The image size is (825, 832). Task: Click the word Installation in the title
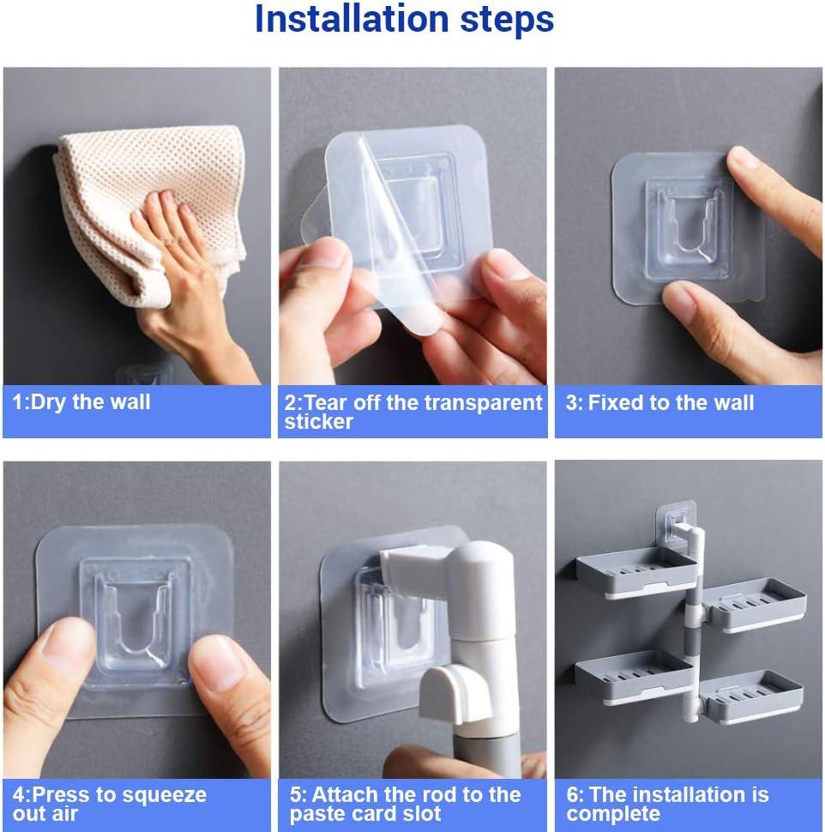[x=352, y=19]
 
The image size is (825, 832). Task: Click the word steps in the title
[x=507, y=21]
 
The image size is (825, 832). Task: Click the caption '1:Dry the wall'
[x=81, y=402]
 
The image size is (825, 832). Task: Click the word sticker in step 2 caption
[x=318, y=422]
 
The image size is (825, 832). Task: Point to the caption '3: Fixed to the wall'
[x=659, y=403]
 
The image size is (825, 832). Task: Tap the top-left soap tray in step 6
[x=636, y=573]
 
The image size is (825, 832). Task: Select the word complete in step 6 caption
[x=613, y=814]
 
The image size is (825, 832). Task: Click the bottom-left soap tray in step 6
[x=634, y=677]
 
